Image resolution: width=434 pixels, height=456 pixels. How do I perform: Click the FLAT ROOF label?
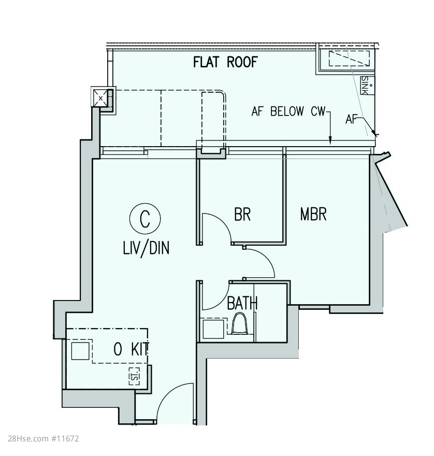226,62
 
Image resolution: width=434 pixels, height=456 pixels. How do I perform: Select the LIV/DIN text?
146,249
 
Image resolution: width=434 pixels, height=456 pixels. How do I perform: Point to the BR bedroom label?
242,214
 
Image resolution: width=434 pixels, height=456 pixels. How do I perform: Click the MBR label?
313,214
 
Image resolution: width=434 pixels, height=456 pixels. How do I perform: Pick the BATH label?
242,303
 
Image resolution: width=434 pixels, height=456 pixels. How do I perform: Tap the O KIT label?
132,349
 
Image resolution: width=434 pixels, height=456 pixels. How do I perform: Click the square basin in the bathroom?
213,329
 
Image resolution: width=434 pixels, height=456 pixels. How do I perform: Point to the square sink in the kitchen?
80,351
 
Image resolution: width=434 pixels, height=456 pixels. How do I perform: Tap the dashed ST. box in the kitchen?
134,376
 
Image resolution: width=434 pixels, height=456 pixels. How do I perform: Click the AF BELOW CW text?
288,111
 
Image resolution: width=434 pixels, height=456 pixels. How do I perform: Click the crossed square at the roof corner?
100,98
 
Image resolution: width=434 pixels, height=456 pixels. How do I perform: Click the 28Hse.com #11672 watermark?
44,438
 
